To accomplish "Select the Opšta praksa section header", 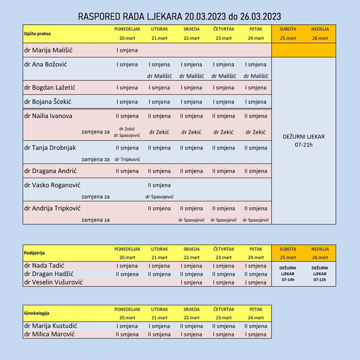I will click(37, 33).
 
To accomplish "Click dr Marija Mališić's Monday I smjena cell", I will click(127, 50).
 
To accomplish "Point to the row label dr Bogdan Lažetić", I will click(49, 88).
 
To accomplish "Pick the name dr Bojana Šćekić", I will click(48, 102).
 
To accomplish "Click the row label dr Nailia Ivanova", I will click(48, 116).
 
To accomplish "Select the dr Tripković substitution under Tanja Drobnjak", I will click(127, 159).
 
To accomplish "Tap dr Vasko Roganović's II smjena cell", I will click(159, 185).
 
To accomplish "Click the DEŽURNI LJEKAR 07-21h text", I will click(304, 141).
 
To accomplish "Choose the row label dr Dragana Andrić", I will click(50, 171).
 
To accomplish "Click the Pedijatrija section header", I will click(34, 253).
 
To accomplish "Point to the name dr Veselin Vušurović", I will click(53, 282).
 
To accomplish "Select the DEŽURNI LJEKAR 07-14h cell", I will click(288, 274).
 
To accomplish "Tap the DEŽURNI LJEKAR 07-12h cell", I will click(320, 274).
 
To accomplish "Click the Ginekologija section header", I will click(36, 313).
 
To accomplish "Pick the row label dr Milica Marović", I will click(49, 334).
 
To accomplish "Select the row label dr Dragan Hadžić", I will click(49, 274).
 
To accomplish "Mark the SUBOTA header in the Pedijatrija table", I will click(288, 249).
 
